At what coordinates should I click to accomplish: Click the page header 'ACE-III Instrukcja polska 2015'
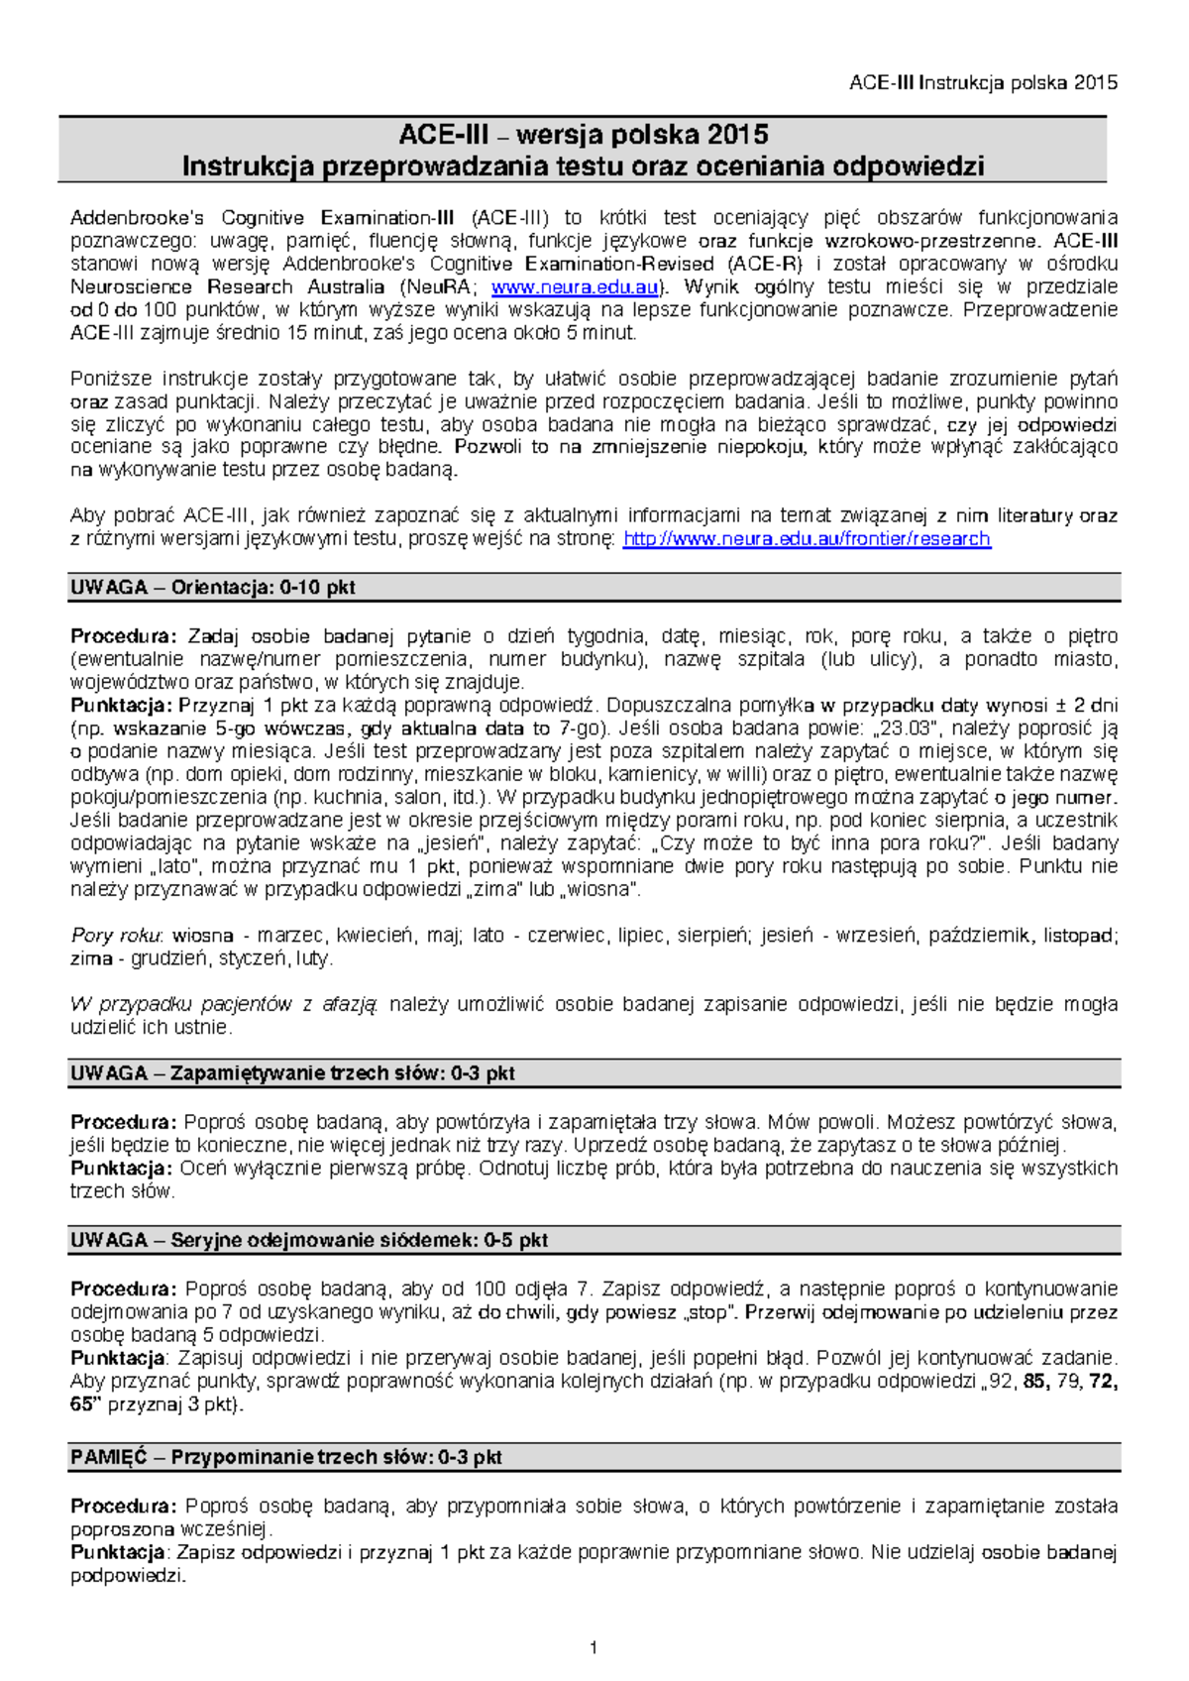pyautogui.click(x=983, y=83)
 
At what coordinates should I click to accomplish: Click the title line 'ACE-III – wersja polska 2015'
pyautogui.click(x=583, y=135)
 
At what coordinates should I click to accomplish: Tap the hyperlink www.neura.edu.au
pyautogui.click(x=575, y=287)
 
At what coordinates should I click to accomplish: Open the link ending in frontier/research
pyautogui.click(x=807, y=539)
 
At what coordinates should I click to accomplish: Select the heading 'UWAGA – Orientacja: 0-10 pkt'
pyautogui.click(x=213, y=588)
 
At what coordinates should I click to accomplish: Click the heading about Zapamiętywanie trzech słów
pyautogui.click(x=292, y=1073)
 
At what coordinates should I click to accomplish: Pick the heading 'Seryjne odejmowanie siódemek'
pyautogui.click(x=359, y=1240)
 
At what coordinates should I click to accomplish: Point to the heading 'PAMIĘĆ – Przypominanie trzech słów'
pyautogui.click(x=286, y=1457)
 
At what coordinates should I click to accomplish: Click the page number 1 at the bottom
pyautogui.click(x=594, y=1647)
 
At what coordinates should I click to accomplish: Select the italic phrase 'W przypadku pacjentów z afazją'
pyautogui.click(x=224, y=1005)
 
